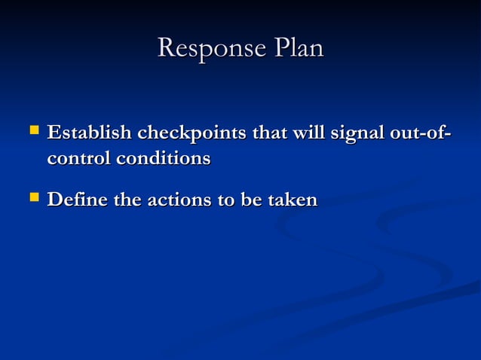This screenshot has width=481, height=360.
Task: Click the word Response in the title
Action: point(210,49)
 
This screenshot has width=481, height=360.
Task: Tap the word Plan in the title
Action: point(298,49)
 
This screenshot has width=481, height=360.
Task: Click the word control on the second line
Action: point(75,159)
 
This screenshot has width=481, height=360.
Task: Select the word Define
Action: point(72,200)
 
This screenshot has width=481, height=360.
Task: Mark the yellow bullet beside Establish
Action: point(33,132)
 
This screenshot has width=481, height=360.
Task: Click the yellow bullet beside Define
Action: point(33,198)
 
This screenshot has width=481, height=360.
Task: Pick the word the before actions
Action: point(121,200)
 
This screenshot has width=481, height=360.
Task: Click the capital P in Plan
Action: point(280,49)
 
